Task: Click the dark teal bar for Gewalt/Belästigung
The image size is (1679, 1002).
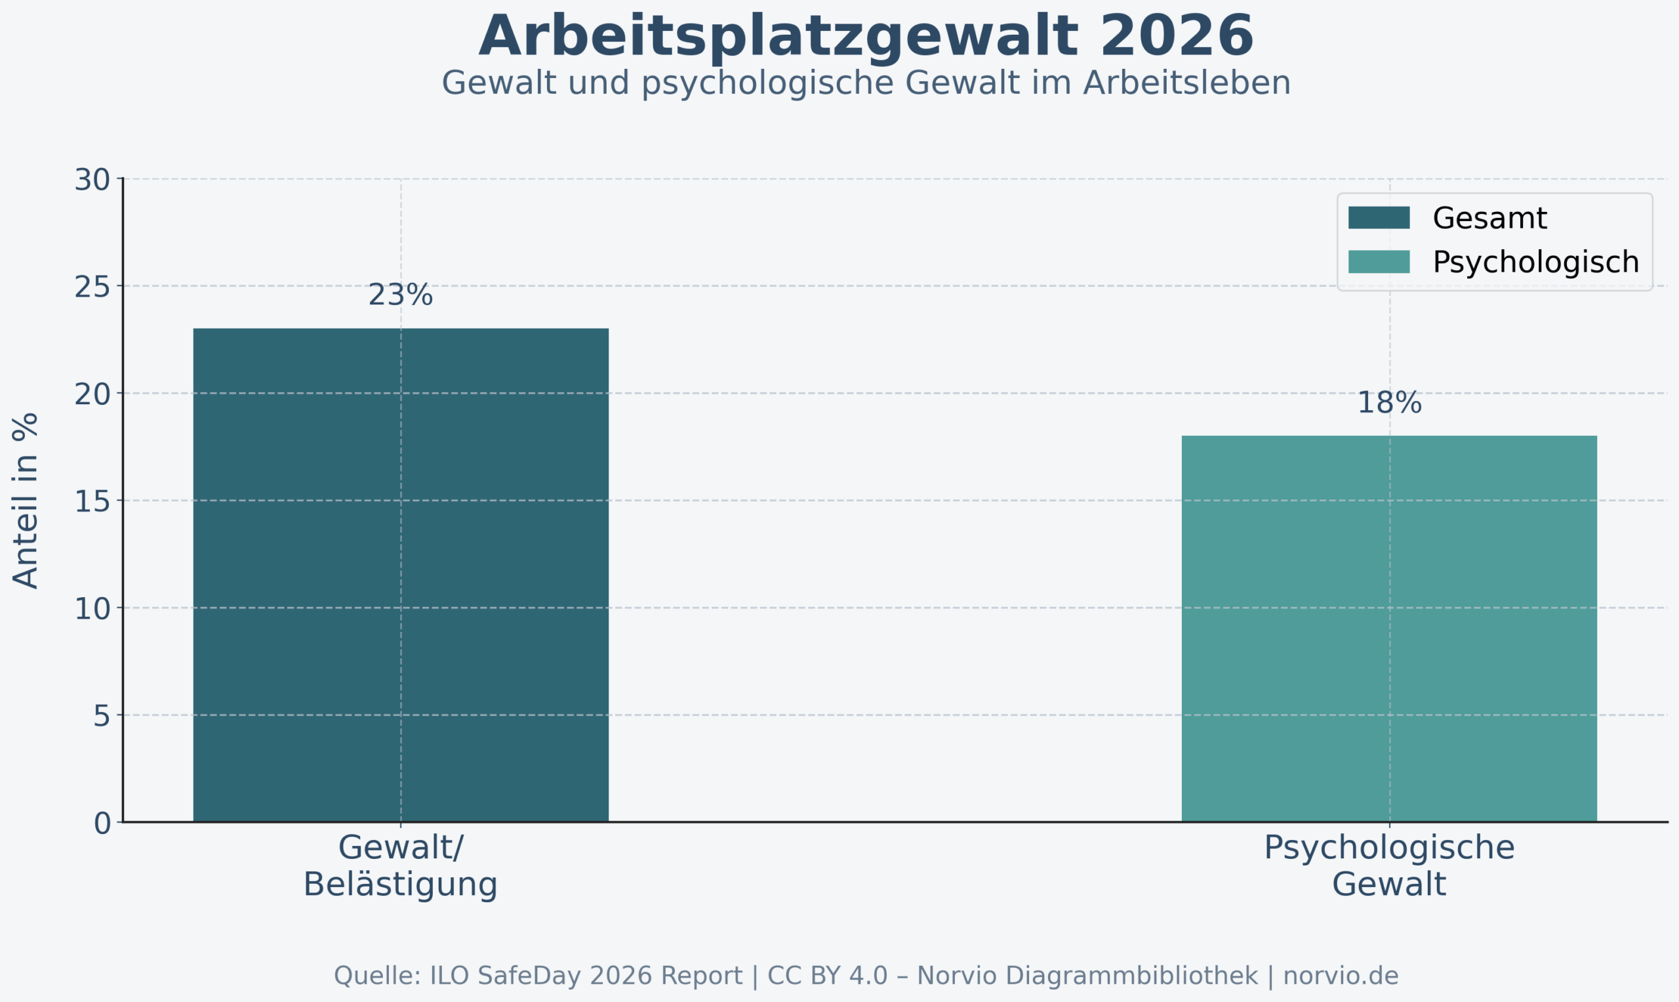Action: pos(401,575)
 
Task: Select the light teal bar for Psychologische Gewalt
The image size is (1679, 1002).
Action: pos(1389,629)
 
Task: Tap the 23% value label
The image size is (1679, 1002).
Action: pos(400,295)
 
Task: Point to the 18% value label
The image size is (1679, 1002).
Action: pos(1389,403)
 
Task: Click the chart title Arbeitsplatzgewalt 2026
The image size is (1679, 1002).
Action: pos(866,37)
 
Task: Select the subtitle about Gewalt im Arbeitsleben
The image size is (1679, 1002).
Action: pos(866,83)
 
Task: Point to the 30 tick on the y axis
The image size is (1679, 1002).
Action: pos(92,180)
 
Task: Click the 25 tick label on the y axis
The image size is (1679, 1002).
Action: pos(92,287)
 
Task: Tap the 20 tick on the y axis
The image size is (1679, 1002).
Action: pos(92,395)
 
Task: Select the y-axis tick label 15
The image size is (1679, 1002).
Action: pos(92,502)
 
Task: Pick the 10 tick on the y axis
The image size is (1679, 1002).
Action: pos(92,609)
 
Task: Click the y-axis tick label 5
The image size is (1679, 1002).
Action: pos(101,717)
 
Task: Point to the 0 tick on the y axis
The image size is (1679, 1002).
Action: pos(102,824)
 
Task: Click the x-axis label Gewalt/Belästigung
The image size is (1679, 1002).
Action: pos(400,866)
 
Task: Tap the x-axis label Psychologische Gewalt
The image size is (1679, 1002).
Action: pos(1389,866)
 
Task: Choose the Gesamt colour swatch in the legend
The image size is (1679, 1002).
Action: pos(1379,218)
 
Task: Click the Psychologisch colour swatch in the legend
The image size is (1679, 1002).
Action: pos(1379,262)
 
